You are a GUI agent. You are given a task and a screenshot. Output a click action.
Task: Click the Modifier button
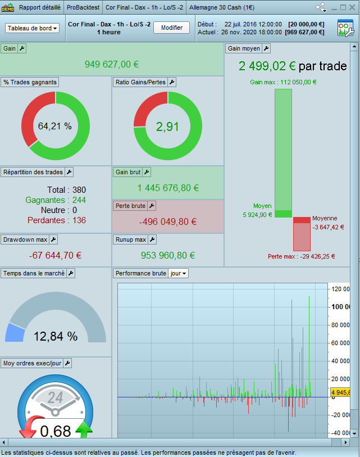pos(171,28)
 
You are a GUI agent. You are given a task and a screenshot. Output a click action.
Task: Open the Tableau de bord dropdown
pos(33,28)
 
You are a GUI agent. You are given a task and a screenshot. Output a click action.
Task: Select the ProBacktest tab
pos(83,7)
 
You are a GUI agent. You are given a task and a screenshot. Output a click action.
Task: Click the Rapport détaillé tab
pos(40,7)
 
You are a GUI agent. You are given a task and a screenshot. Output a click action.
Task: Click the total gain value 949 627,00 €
pos(112,64)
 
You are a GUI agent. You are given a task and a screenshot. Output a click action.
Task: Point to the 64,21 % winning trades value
pos(55,126)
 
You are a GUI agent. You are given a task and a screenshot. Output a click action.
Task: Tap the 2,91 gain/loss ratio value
pos(167,126)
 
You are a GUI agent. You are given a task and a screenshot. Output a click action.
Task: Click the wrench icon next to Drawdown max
pos(53,239)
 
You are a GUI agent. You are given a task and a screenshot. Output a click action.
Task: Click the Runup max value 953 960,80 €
pos(168,255)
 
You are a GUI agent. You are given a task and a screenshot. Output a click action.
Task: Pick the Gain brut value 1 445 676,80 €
pos(168,188)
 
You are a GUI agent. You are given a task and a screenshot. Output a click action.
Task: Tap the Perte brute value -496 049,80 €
pos(167,221)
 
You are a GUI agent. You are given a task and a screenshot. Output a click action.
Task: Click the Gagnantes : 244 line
pos(56,200)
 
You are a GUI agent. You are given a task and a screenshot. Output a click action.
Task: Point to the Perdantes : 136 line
pos(56,220)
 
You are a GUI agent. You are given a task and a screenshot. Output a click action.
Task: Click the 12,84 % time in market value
pos(56,336)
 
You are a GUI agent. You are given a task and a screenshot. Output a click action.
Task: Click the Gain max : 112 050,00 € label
pos(283,82)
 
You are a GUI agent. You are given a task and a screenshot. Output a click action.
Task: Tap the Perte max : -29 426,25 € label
pos(301,256)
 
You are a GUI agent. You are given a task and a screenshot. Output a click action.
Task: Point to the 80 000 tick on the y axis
pos(340,325)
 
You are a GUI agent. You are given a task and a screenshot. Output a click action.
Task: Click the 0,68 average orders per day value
pos(55,431)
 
